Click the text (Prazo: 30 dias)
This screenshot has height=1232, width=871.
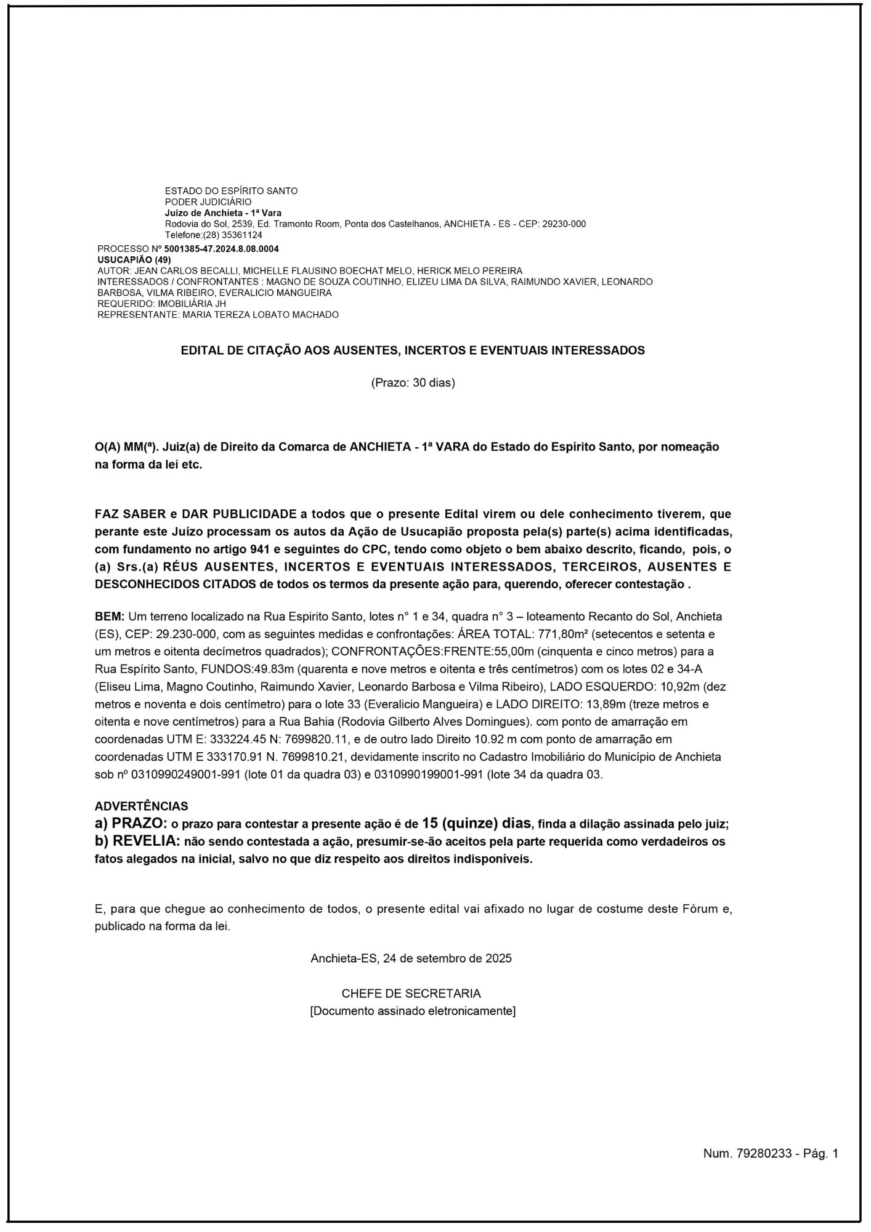[x=413, y=383]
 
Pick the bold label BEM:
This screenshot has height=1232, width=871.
[x=110, y=616]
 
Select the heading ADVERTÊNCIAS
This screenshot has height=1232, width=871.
[x=142, y=806]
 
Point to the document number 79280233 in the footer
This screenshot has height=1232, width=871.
[x=764, y=1154]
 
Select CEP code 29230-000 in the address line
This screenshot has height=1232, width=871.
[x=564, y=224]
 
